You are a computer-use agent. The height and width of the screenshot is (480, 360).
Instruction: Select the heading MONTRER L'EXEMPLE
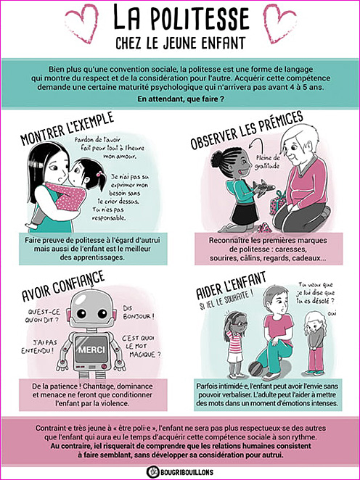pyautogui.click(x=67, y=128)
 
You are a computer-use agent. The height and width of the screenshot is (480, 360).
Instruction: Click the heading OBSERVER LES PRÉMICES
pyautogui.click(x=247, y=130)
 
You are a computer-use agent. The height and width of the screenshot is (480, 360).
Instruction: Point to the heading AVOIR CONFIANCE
pyautogui.click(x=63, y=286)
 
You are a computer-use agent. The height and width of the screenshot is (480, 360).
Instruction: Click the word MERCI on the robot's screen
pyautogui.click(x=91, y=349)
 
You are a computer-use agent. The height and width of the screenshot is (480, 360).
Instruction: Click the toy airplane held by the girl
pyautogui.click(x=263, y=186)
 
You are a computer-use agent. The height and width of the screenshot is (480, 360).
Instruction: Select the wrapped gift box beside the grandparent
pyautogui.click(x=277, y=202)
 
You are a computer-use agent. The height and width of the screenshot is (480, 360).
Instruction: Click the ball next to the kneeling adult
pyautogui.click(x=255, y=369)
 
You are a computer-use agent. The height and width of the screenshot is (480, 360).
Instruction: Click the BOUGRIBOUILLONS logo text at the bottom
pyautogui.click(x=187, y=472)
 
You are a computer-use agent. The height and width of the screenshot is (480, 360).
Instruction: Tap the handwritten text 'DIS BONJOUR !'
pyautogui.click(x=139, y=313)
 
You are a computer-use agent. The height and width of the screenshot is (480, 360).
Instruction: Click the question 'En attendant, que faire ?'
pyautogui.click(x=181, y=99)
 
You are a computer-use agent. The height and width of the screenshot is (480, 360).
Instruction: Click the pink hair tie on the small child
pyautogui.click(x=99, y=174)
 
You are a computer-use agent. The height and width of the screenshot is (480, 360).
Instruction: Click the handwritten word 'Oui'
pyautogui.click(x=331, y=313)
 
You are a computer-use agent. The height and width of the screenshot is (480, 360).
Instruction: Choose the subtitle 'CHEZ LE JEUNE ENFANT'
pyautogui.click(x=181, y=44)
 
